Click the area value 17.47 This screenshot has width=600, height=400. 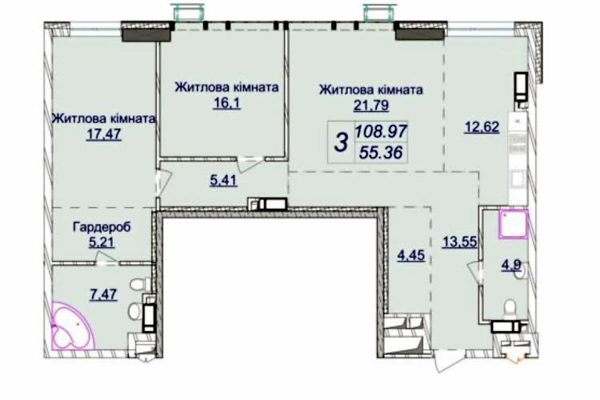[104, 134]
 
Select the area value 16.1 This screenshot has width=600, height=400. [227, 103]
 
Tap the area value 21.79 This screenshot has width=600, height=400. [370, 105]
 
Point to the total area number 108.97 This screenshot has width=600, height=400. [381, 132]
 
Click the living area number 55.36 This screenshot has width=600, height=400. [381, 153]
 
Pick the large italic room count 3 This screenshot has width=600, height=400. [342, 142]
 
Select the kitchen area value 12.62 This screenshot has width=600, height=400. [482, 126]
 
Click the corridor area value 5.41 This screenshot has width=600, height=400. [223, 180]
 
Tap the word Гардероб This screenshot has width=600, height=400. [102, 227]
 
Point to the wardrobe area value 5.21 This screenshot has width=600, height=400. [102, 242]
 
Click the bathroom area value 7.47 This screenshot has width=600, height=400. [103, 294]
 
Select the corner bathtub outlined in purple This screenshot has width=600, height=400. [73, 326]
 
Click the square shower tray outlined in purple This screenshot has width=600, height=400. [513, 224]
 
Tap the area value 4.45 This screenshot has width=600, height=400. [411, 255]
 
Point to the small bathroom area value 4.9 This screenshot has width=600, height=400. [512, 266]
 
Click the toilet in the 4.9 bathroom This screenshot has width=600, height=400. [510, 309]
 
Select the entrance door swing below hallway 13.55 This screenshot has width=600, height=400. [449, 360]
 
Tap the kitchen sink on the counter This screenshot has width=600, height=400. [518, 178]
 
